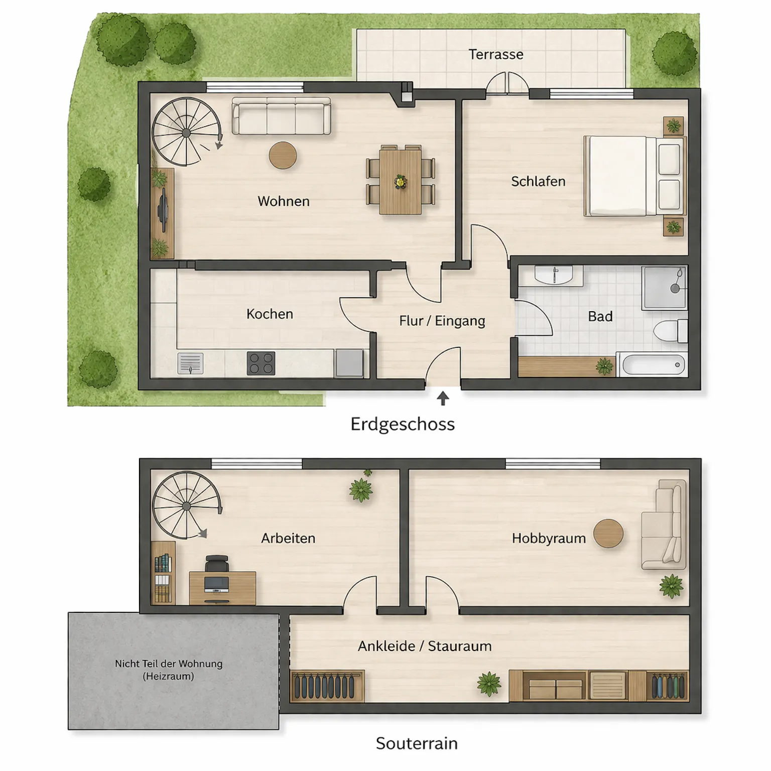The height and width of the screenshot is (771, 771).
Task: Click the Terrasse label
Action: tap(496, 54)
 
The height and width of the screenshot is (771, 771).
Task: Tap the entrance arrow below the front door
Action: tap(443, 399)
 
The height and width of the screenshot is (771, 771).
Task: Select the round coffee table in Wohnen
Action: tap(283, 155)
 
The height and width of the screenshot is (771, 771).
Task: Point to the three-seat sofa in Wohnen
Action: tap(281, 116)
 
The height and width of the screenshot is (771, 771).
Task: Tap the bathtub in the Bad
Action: tap(651, 365)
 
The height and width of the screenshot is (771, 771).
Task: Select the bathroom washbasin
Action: tap(554, 275)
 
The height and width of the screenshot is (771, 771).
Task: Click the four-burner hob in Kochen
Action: tap(261, 364)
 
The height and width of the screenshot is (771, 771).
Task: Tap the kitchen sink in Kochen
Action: tap(190, 363)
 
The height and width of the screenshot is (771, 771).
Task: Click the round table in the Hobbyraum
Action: tap(608, 534)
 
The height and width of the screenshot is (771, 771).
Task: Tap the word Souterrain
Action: tap(417, 743)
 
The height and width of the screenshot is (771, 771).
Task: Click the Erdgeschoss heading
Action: tap(403, 425)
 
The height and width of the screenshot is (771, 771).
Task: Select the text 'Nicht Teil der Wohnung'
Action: tap(169, 664)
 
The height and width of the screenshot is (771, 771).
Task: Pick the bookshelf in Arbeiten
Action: tap(163, 572)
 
